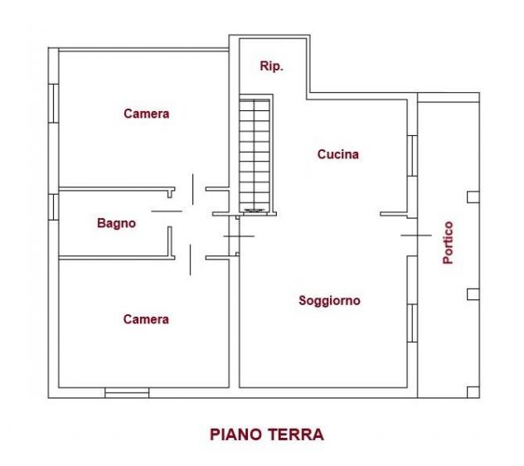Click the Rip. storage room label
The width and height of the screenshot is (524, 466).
click(271, 66)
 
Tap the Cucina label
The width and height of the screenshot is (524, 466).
click(337, 154)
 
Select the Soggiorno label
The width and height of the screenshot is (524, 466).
click(329, 300)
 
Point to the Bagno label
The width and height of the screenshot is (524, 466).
click(116, 223)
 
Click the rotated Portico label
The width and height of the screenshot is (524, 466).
click(449, 243)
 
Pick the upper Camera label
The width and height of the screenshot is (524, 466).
click(147, 114)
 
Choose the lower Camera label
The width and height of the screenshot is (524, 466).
click(146, 319)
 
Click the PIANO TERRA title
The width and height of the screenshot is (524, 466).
click(267, 434)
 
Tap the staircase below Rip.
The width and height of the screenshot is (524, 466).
click(255, 156)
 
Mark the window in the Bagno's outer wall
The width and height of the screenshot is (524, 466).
click(53, 207)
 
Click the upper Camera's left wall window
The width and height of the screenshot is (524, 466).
click(53, 104)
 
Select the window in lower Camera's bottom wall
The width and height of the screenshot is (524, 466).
click(127, 393)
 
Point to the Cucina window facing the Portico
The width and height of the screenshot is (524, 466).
click(412, 156)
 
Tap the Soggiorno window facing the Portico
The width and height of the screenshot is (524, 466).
click(412, 323)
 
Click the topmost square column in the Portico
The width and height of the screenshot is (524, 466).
click(473, 197)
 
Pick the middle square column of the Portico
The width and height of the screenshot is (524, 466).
click(473, 294)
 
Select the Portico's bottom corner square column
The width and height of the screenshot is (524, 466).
click(473, 392)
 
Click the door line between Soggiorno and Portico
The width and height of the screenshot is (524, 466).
click(416, 235)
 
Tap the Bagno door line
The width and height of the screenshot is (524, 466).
click(167, 211)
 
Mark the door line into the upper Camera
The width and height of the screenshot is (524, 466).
click(193, 189)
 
